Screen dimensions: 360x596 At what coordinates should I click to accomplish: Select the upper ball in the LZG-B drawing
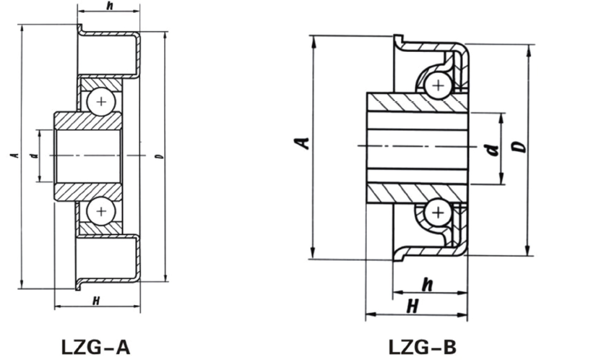click(x=437, y=85)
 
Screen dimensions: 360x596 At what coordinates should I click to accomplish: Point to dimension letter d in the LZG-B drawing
click(x=492, y=150)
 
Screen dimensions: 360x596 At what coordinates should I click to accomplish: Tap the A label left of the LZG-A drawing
click(x=14, y=155)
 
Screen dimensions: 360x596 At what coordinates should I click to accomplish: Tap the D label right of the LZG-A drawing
click(x=157, y=155)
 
